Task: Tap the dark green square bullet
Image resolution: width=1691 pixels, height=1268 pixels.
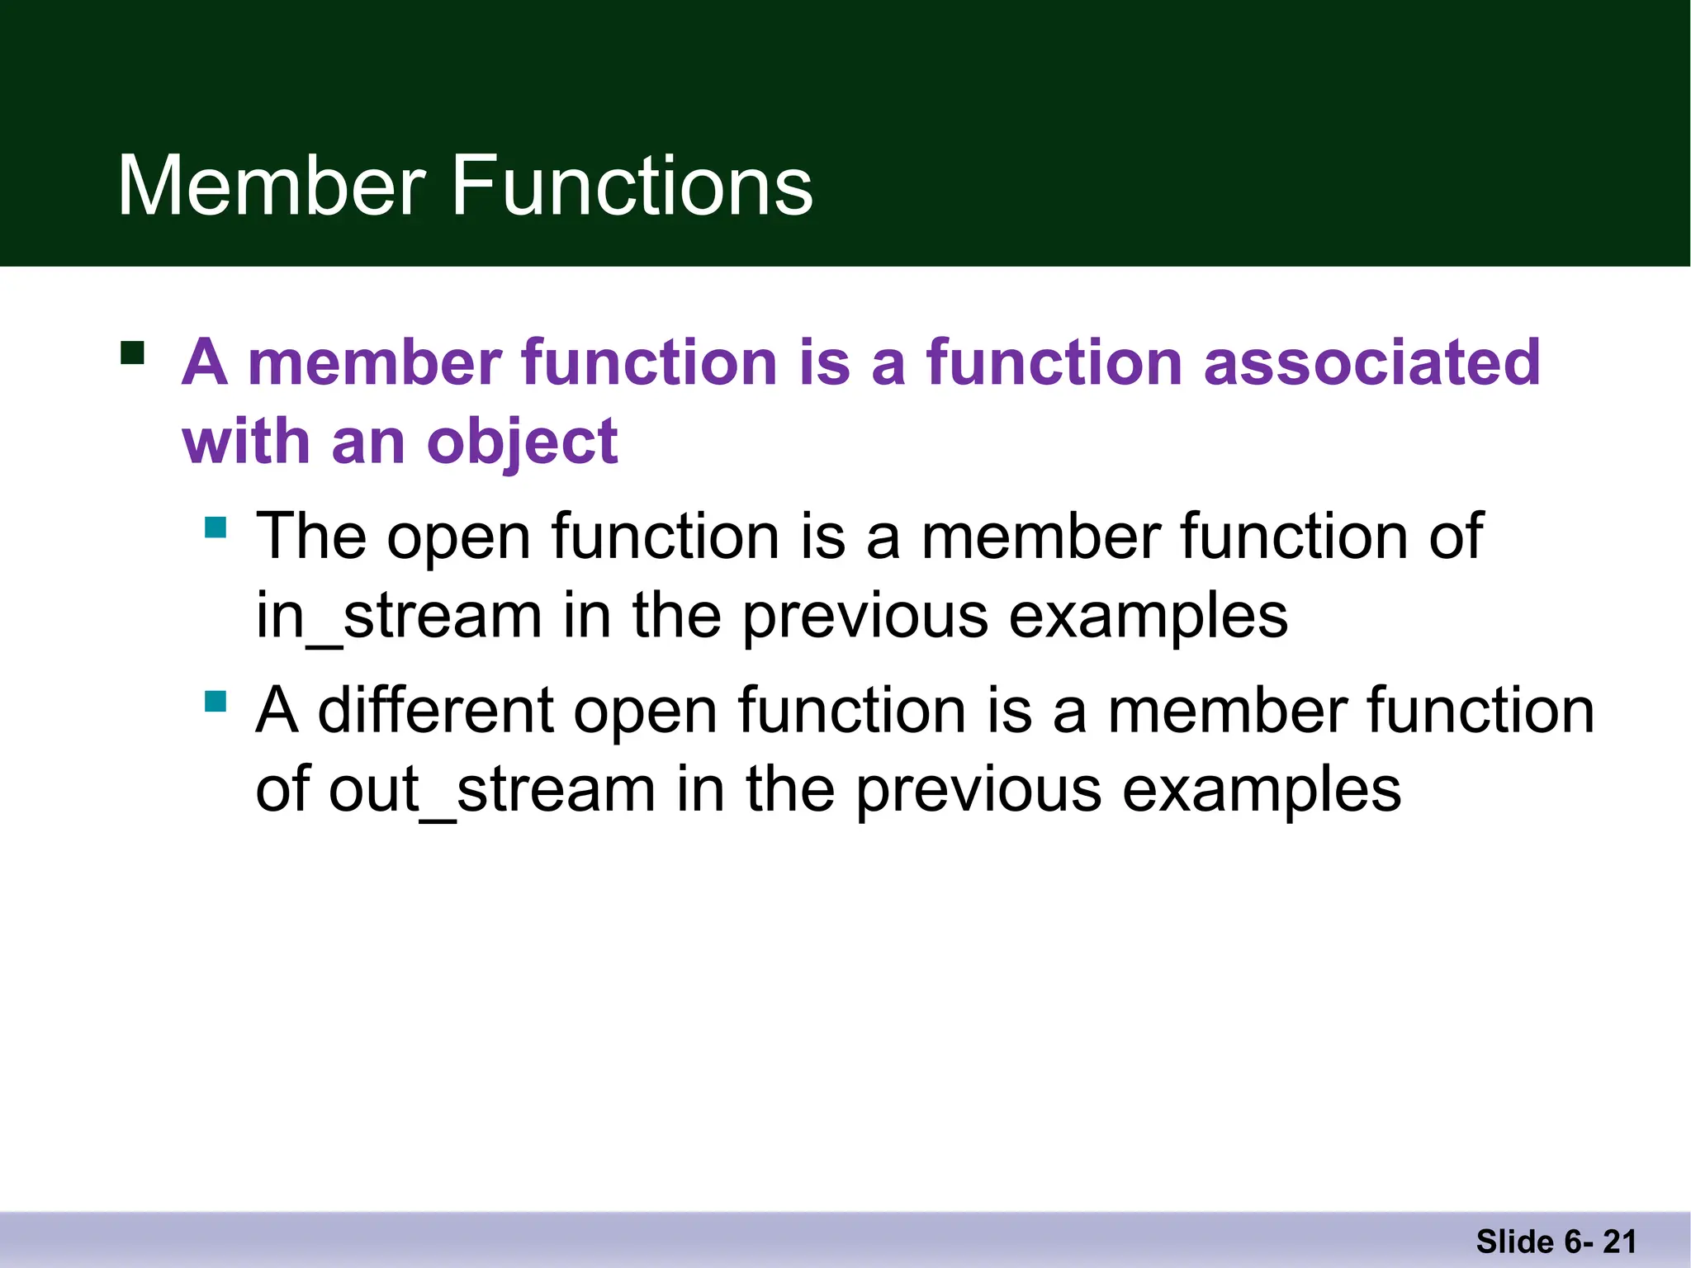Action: [132, 352]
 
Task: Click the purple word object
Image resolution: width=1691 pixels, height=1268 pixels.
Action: [522, 442]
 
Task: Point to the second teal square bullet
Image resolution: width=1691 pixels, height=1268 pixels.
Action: [216, 701]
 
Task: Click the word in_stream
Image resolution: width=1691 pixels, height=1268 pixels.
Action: [399, 616]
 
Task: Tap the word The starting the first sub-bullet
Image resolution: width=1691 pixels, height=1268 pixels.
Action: [311, 537]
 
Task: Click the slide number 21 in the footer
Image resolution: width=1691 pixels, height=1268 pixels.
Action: [1619, 1242]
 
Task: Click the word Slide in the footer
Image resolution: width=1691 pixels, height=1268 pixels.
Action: [1514, 1242]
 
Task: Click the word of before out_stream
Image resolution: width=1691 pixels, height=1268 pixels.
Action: [282, 790]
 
